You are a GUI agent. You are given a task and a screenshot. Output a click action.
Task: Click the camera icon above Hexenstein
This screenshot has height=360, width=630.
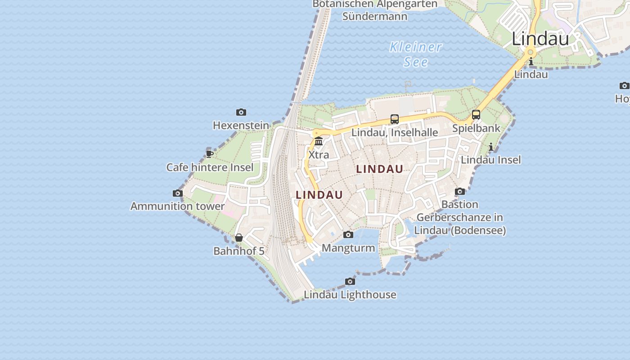point(241,112)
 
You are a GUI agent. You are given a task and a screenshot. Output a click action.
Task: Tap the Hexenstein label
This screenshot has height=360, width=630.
point(241,126)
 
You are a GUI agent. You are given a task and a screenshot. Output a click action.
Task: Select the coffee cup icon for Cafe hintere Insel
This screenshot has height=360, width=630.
point(209,153)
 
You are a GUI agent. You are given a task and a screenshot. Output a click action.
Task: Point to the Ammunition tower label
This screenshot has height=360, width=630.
point(177,206)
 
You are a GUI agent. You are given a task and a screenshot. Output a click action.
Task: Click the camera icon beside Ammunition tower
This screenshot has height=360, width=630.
point(178,193)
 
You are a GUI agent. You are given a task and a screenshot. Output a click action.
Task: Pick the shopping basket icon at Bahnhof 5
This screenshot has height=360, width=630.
point(239,238)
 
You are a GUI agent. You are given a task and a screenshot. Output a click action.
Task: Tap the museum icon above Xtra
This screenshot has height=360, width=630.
point(319,141)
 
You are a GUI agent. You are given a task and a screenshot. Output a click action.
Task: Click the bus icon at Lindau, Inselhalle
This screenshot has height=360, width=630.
point(395,119)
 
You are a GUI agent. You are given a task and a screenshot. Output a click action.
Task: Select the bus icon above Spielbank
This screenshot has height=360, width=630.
point(476,115)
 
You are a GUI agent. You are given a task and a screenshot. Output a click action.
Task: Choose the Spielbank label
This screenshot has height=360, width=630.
point(476,128)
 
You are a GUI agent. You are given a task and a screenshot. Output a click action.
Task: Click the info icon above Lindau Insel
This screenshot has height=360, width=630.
point(491,147)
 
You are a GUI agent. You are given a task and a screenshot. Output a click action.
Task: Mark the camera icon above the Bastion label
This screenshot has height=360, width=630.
point(459,192)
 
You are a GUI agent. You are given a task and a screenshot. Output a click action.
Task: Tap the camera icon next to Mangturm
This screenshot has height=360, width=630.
point(348,234)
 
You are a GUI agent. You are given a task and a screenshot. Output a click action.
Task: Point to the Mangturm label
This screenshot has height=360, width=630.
point(348,248)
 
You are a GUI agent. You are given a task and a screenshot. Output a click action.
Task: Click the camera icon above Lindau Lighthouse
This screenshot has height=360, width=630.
point(350,282)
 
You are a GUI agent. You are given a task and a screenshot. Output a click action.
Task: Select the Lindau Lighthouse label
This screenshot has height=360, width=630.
point(350,295)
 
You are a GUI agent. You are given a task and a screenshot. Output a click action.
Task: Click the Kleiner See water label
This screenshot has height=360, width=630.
point(415,54)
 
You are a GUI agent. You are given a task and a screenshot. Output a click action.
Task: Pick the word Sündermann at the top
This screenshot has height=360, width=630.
point(375,17)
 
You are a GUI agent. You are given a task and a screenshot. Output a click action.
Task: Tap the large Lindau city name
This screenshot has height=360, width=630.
point(540,39)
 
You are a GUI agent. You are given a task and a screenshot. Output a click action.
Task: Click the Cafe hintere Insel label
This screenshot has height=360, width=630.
point(210,167)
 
